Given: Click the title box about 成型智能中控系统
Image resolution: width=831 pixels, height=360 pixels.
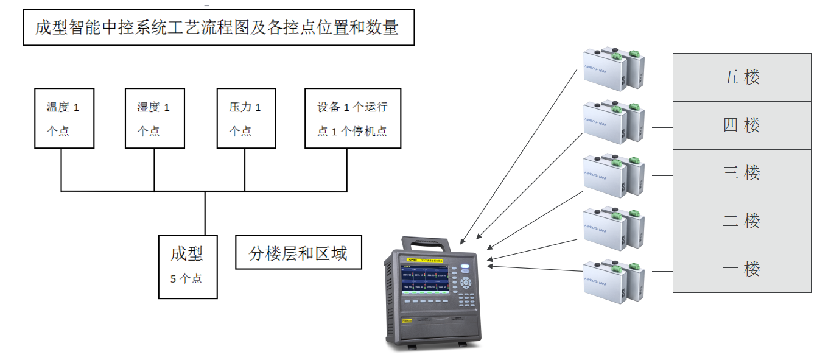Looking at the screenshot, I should click(x=218, y=27).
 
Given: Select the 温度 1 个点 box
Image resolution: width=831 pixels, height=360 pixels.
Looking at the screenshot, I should click(x=64, y=118).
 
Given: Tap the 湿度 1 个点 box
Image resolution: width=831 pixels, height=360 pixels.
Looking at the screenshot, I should click(x=154, y=118).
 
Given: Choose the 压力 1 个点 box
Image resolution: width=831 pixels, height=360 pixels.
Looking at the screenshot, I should click(x=246, y=118).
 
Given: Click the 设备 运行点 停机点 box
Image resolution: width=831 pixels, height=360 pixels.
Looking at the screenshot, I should click(x=352, y=118).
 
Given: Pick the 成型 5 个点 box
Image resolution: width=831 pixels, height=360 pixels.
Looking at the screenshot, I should click(x=188, y=267).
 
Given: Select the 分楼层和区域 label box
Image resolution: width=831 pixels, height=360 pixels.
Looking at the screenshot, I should click(x=298, y=253).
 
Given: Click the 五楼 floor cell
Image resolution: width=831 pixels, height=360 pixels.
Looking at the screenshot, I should click(x=742, y=77).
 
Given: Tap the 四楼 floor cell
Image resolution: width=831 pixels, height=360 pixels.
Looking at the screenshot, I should click(x=742, y=125).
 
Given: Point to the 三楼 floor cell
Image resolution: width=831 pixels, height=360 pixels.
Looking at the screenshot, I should click(x=742, y=173).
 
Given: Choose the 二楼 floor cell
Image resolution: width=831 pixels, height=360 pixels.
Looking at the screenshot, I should click(x=742, y=221).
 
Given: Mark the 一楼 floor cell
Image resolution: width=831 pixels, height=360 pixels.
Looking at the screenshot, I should click(x=742, y=269).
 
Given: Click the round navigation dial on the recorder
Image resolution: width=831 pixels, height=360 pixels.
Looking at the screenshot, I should click(x=466, y=283).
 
